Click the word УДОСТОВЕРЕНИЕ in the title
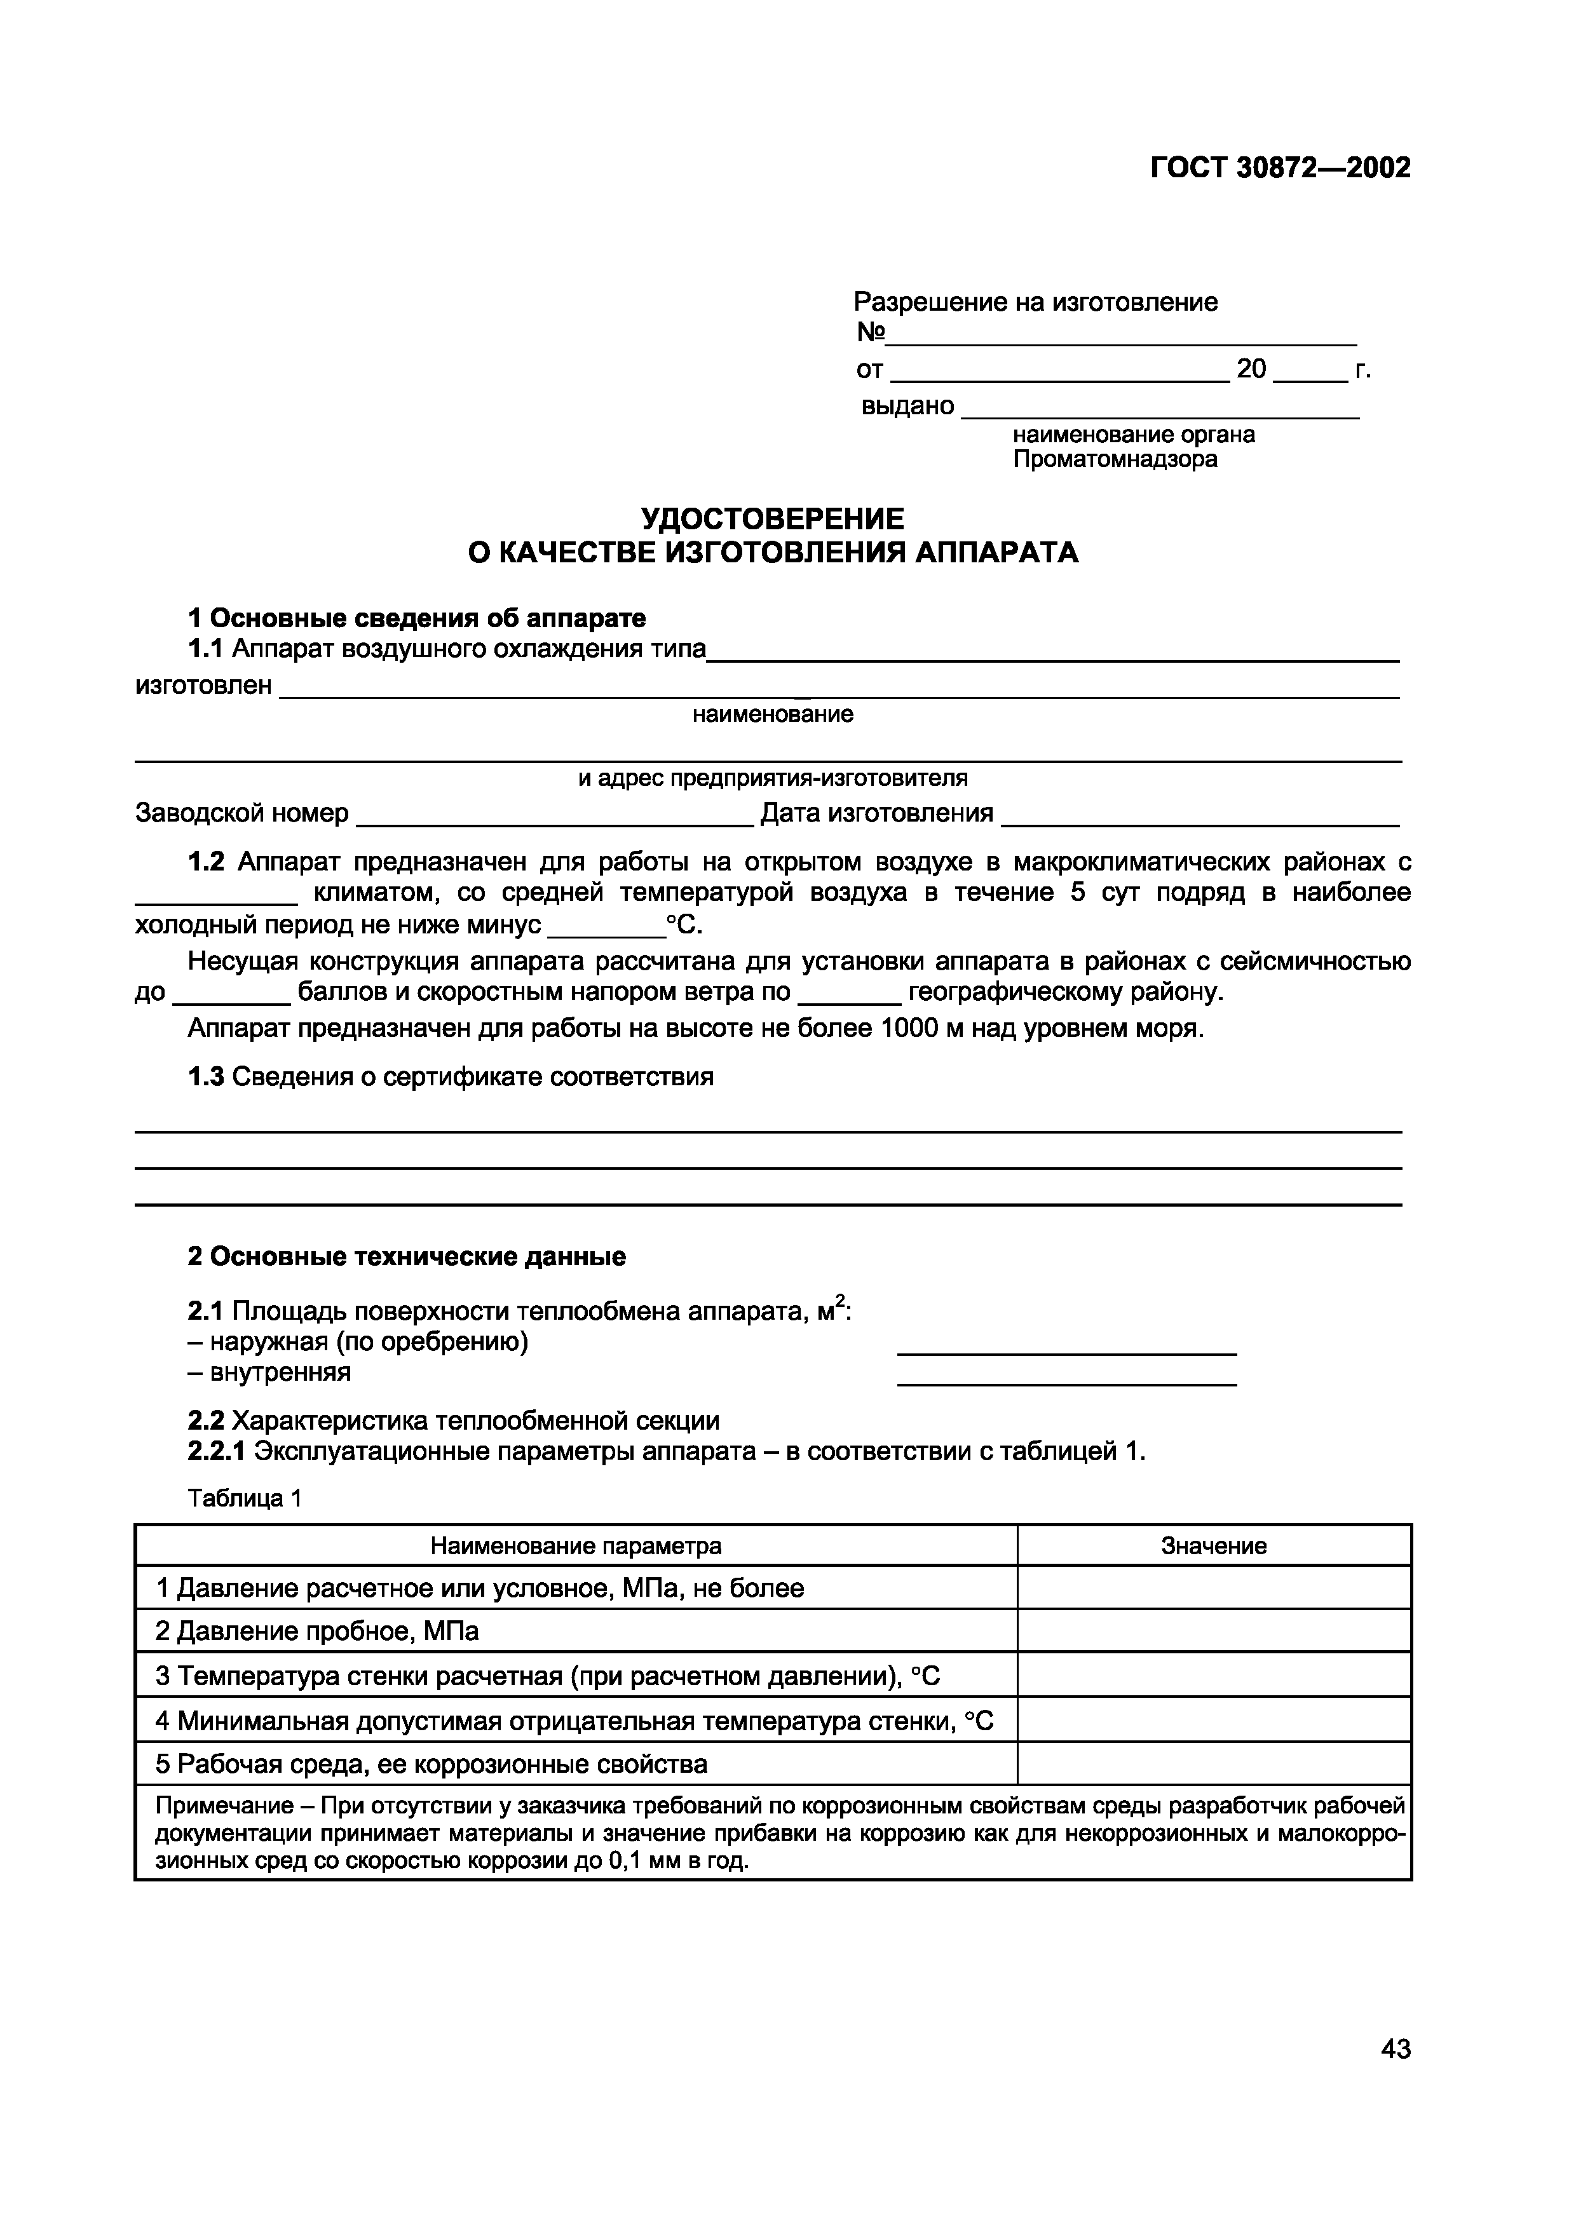(x=772, y=517)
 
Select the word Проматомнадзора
(x=1115, y=459)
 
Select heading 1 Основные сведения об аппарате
(x=417, y=618)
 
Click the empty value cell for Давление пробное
(x=1214, y=1632)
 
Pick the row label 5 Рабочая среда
(x=431, y=1764)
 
